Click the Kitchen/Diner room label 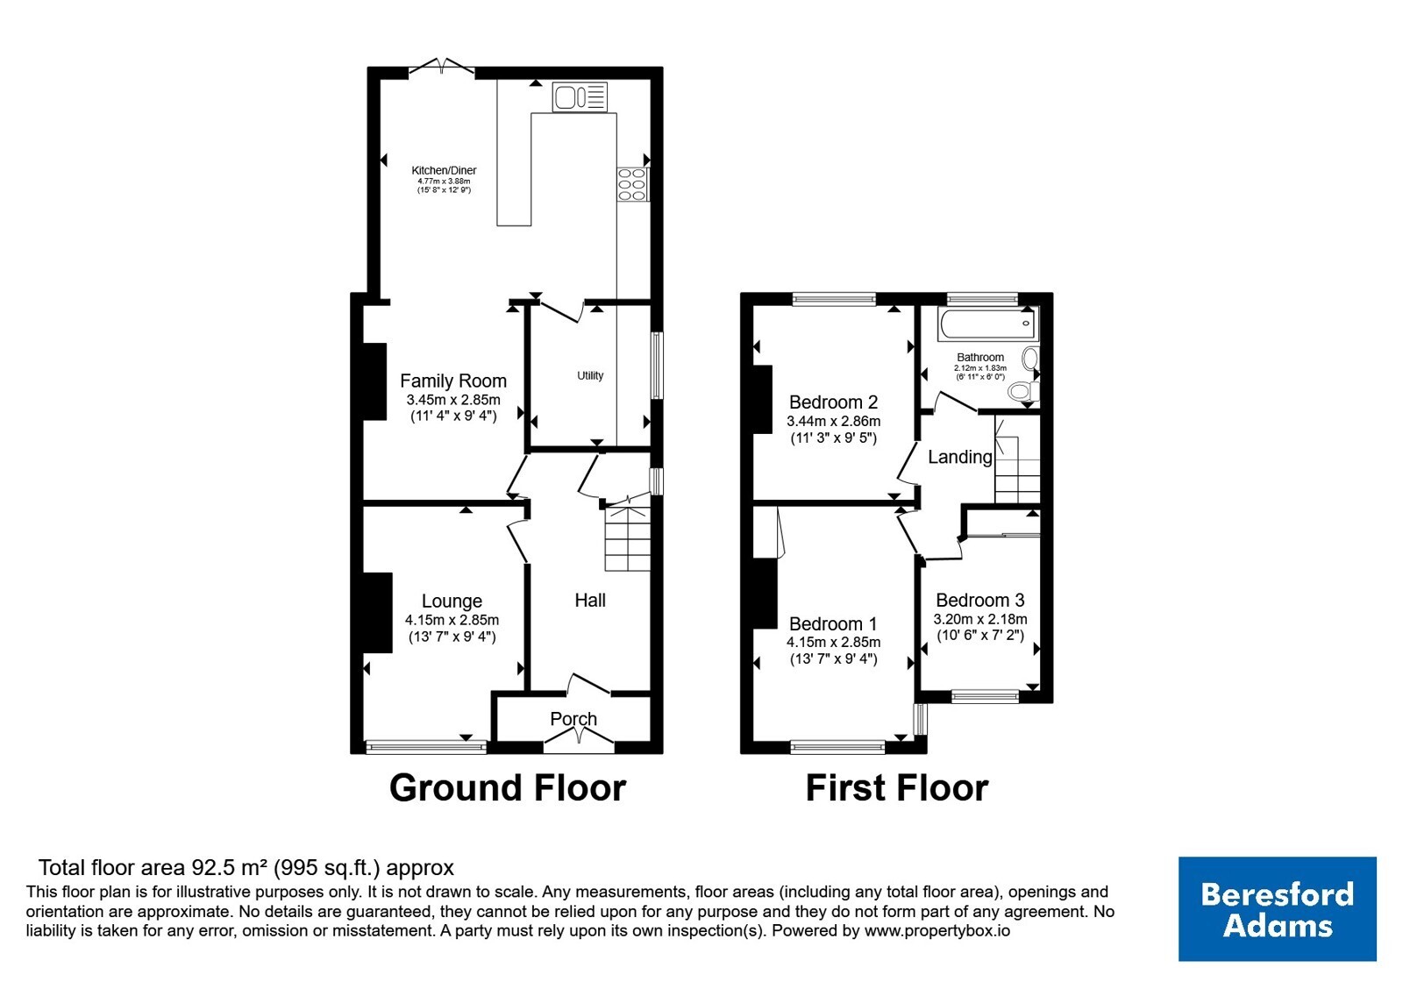(x=444, y=170)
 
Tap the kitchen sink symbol (x=580, y=97)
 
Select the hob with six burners (x=632, y=185)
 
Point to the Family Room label (x=452, y=381)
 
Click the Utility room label (x=590, y=376)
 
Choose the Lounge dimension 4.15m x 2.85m (x=452, y=621)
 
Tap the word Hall (x=590, y=601)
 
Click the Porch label (x=573, y=719)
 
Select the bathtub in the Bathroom (x=988, y=324)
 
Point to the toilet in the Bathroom (x=1023, y=391)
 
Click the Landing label (x=959, y=457)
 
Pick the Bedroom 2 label (x=833, y=402)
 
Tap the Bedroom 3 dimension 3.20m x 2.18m (x=980, y=619)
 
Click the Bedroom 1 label (x=833, y=624)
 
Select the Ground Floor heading (x=508, y=788)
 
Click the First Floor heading (x=896, y=788)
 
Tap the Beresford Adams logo (x=1277, y=908)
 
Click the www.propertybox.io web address (x=937, y=930)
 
